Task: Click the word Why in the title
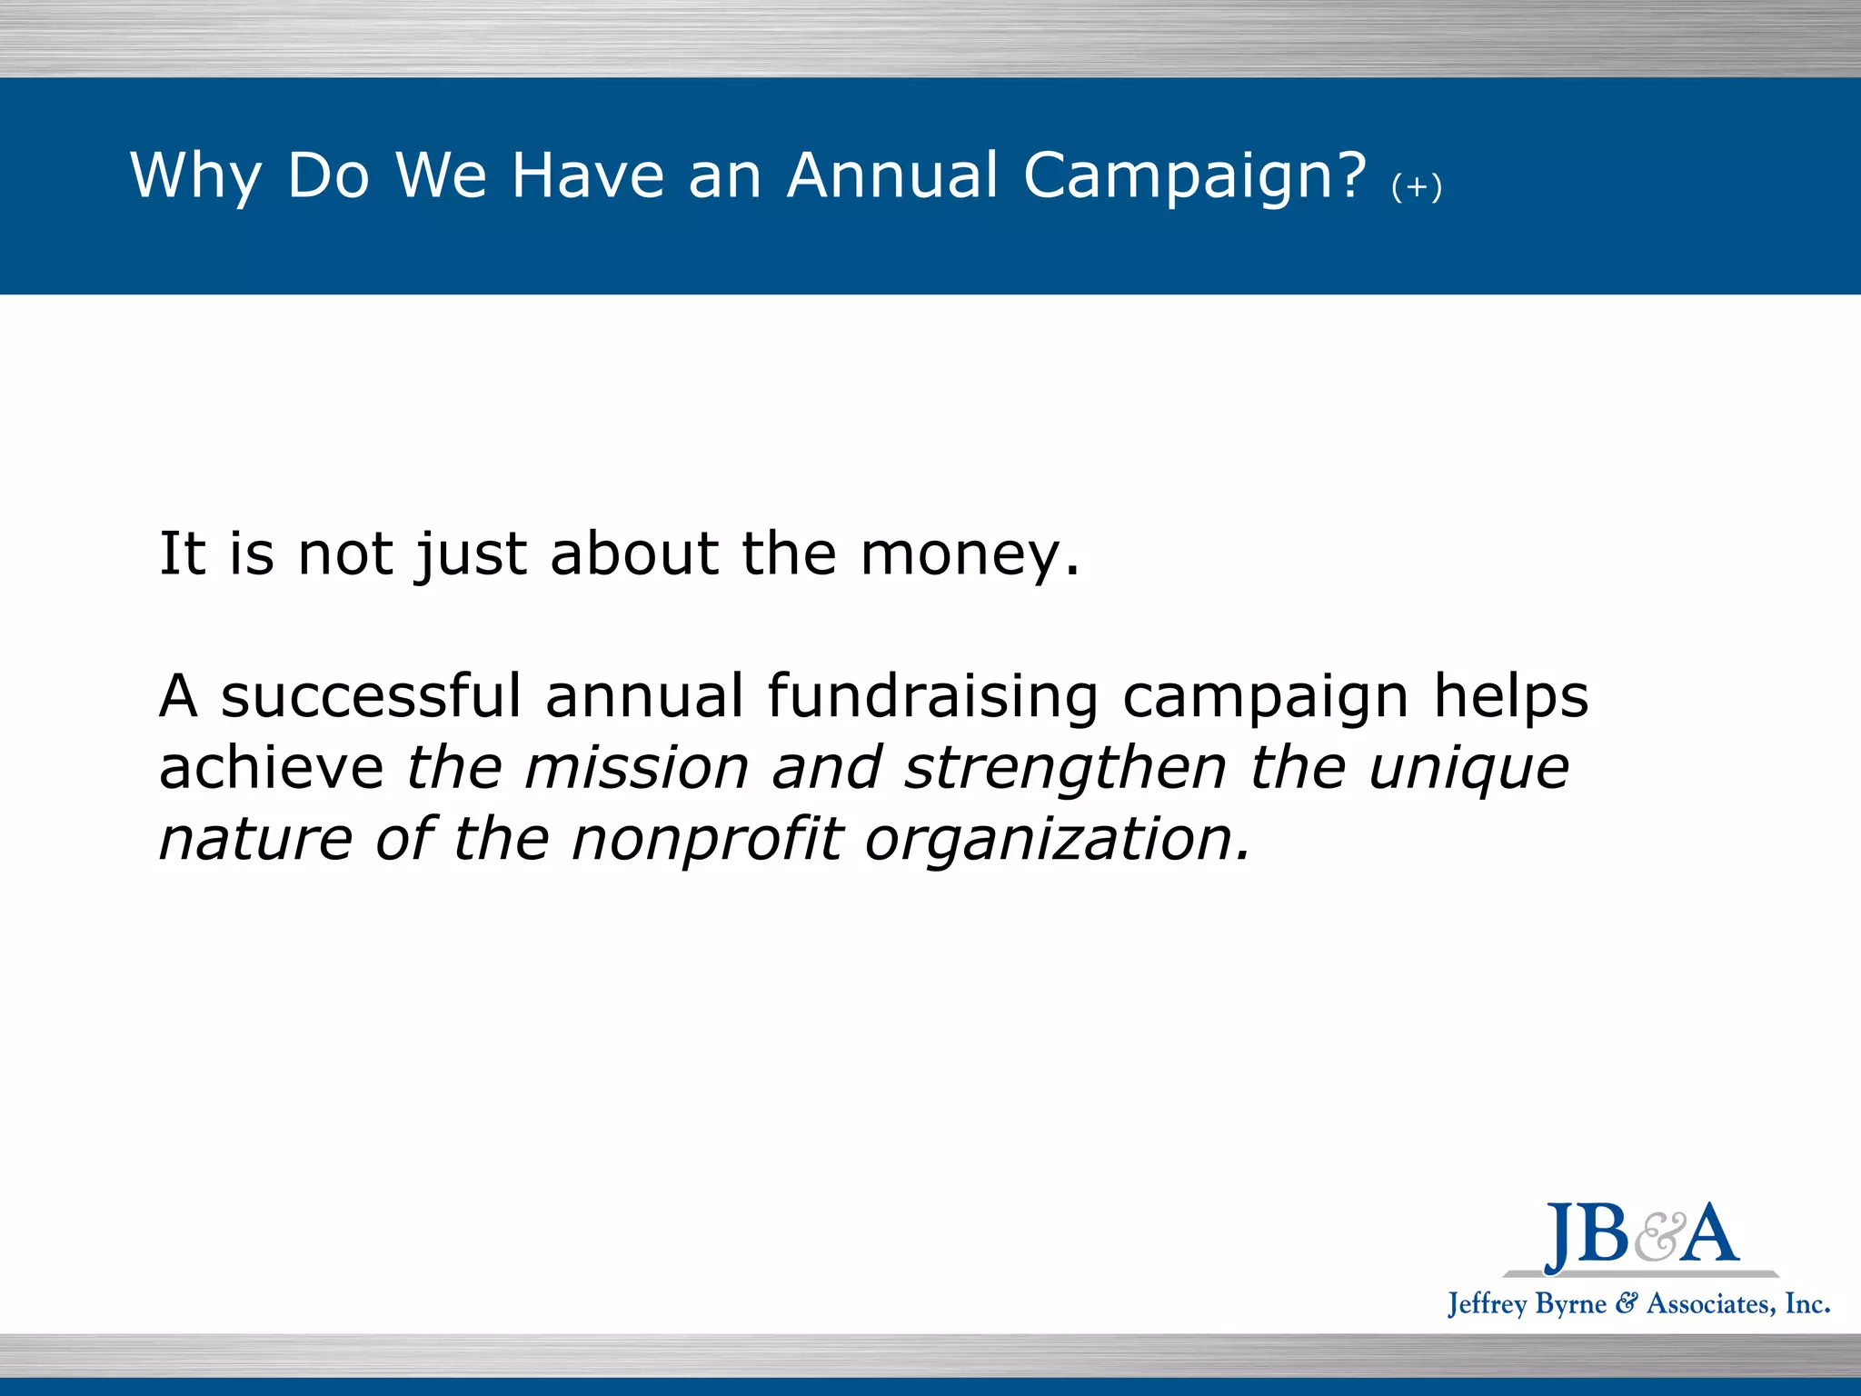pos(195,176)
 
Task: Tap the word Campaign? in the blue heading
pos(1194,176)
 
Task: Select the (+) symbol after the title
pos(1416,188)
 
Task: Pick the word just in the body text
pos(471,554)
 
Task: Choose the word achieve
pos(271,768)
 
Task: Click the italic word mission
pos(636,768)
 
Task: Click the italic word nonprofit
pos(707,839)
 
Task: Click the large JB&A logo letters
pos(1641,1236)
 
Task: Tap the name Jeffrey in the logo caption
pos(1488,1304)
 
